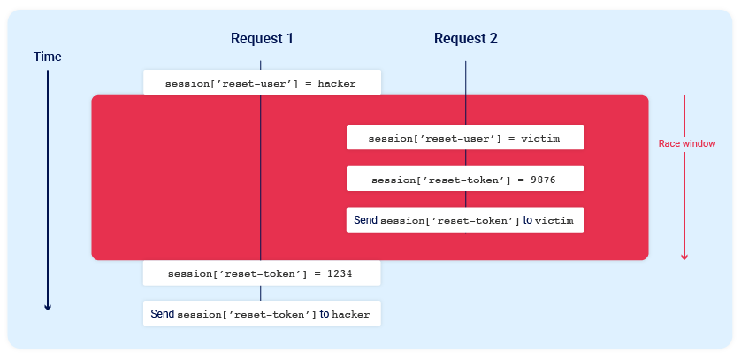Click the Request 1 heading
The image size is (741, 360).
[262, 39]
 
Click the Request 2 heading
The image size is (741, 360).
[465, 39]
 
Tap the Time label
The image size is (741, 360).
[48, 57]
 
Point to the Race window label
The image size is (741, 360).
[687, 143]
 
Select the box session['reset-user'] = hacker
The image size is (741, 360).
[262, 83]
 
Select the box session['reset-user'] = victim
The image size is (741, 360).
[465, 139]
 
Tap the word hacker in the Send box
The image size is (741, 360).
[351, 315]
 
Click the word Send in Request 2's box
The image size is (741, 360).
[365, 219]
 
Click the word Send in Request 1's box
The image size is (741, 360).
[163, 314]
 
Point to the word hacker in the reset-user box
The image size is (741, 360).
[337, 84]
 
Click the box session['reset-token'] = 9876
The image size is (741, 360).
[465, 180]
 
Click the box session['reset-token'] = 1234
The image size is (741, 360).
[262, 274]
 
